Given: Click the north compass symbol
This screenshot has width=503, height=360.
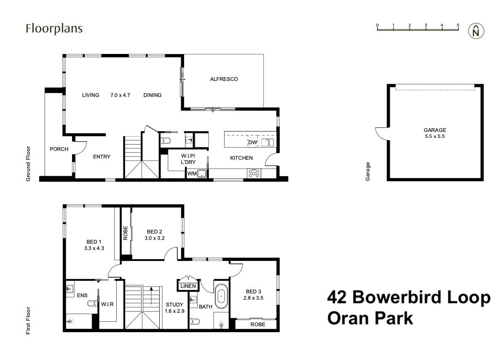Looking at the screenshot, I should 476,31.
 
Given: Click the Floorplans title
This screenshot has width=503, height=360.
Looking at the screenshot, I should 54,29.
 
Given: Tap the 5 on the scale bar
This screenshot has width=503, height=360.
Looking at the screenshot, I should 458,25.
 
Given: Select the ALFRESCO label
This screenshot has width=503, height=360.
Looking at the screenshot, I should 224,79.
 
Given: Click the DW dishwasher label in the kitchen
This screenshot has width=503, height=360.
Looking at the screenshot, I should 252,143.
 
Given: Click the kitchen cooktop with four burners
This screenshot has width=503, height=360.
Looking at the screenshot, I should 254,173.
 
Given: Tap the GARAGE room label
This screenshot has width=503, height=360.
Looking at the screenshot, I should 435,130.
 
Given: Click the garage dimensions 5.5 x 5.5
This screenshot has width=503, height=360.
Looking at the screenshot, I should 435,137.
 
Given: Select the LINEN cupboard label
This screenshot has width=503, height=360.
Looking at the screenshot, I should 188,286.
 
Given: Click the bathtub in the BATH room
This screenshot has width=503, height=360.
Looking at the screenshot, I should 221,297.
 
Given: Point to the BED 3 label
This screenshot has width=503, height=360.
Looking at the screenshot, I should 254,292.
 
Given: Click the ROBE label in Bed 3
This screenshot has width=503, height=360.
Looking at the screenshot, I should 257,325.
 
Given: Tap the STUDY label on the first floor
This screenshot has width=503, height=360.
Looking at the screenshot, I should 174,304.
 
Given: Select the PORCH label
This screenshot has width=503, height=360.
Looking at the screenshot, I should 59,149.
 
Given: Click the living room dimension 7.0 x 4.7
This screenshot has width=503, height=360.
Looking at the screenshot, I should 120,95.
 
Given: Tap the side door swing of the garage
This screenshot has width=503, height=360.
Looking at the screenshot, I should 381,134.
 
